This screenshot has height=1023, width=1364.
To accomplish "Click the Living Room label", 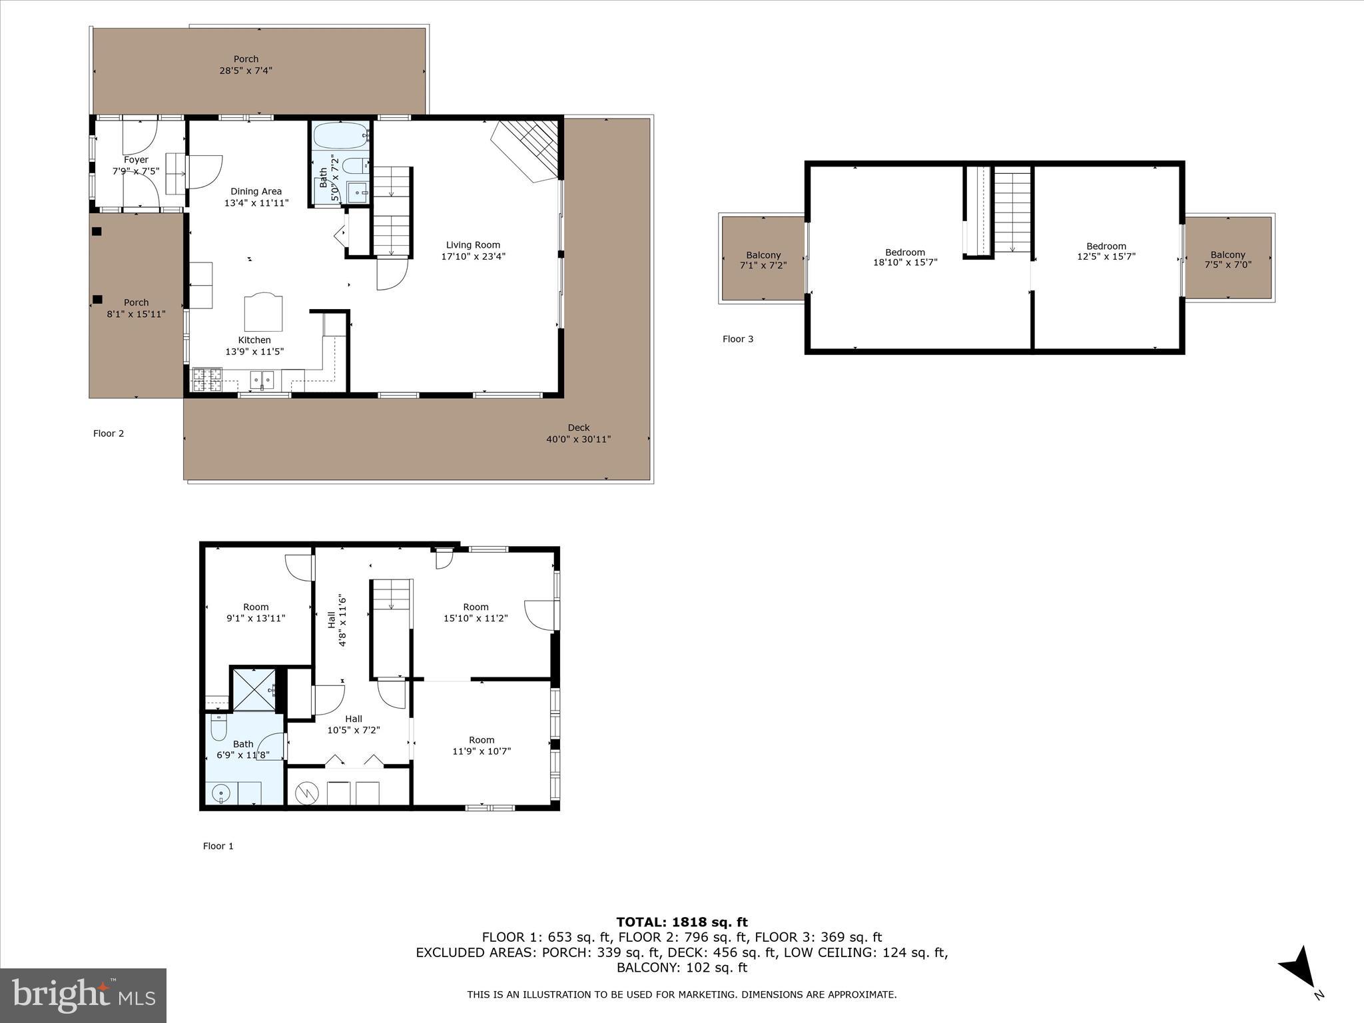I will tap(473, 245).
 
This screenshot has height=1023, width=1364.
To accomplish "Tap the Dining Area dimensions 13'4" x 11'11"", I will tap(256, 203).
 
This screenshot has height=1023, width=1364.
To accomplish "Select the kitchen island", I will tap(263, 312).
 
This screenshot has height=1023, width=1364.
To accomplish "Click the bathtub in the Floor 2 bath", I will tap(340, 136).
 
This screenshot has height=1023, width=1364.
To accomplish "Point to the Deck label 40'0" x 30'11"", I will tap(578, 434).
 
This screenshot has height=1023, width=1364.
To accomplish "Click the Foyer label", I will tap(136, 160).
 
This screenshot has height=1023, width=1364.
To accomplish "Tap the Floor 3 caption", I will tap(738, 339).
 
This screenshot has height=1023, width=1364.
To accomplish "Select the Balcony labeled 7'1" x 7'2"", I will tap(763, 260).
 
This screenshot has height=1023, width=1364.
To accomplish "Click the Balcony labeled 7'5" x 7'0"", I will tap(1227, 259).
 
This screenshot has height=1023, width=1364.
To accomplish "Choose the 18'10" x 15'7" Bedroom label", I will tap(904, 257).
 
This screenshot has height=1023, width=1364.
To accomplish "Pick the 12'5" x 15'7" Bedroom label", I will tap(1106, 251).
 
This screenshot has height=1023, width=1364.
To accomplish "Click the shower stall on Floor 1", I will tap(253, 689).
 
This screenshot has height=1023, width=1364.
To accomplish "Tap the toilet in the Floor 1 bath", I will tap(218, 729).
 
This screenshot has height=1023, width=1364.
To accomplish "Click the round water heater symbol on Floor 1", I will tap(307, 793).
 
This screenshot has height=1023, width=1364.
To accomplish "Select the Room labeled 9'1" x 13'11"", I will tap(256, 612).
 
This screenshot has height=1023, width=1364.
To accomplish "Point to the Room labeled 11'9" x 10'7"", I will tap(481, 745).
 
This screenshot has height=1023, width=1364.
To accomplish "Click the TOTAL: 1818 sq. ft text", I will tap(681, 922).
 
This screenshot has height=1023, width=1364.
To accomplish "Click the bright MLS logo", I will tap(83, 995).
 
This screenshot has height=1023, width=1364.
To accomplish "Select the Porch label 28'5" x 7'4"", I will tap(246, 65).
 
